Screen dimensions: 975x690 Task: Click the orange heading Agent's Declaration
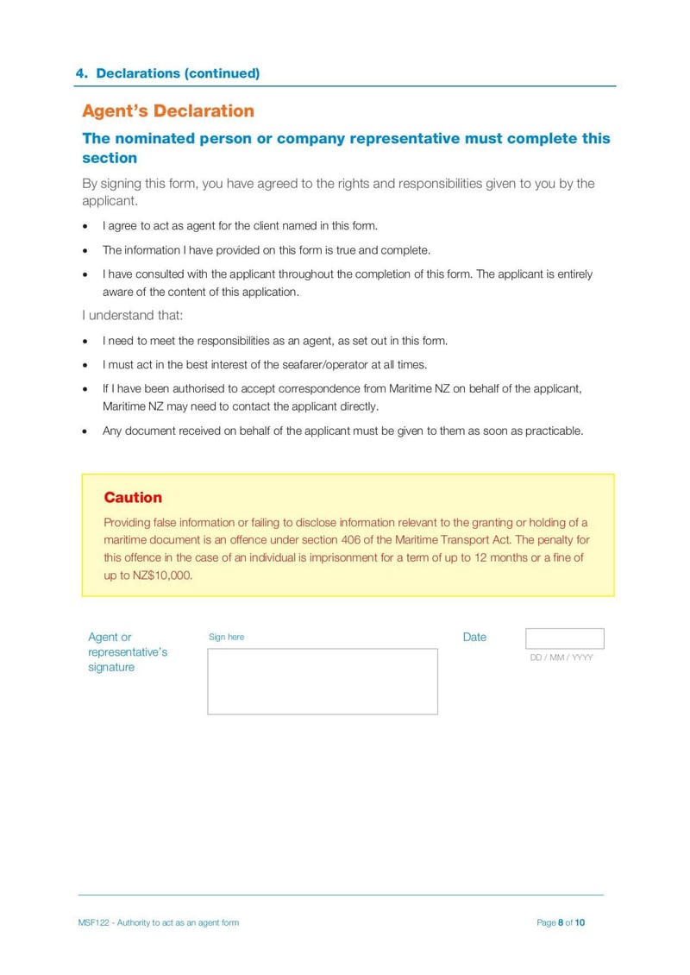point(168,111)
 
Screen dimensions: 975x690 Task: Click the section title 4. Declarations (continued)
point(167,73)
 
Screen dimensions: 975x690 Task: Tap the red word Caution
point(133,498)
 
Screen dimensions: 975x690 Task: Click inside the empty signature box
point(322,682)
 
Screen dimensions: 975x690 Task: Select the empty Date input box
point(564,638)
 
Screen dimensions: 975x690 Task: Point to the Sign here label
point(226,638)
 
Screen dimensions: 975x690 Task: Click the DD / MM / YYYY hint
point(561,657)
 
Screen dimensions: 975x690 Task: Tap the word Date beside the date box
point(474,638)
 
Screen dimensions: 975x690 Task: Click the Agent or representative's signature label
point(127,652)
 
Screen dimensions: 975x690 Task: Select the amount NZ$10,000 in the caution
point(161,576)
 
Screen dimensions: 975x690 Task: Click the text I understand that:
point(133,316)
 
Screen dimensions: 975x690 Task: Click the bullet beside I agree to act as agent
point(85,226)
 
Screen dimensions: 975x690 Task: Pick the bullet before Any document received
point(85,431)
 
